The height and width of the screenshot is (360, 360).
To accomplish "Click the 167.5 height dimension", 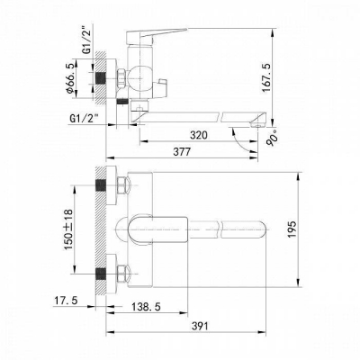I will point(291,76).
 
